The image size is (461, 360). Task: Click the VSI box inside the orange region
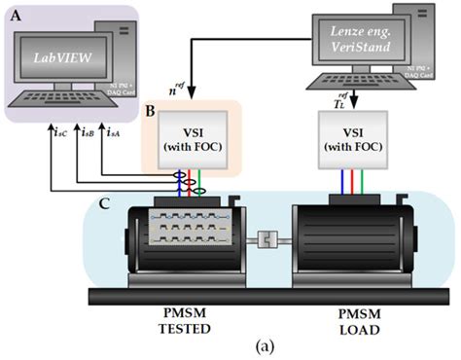194,140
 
